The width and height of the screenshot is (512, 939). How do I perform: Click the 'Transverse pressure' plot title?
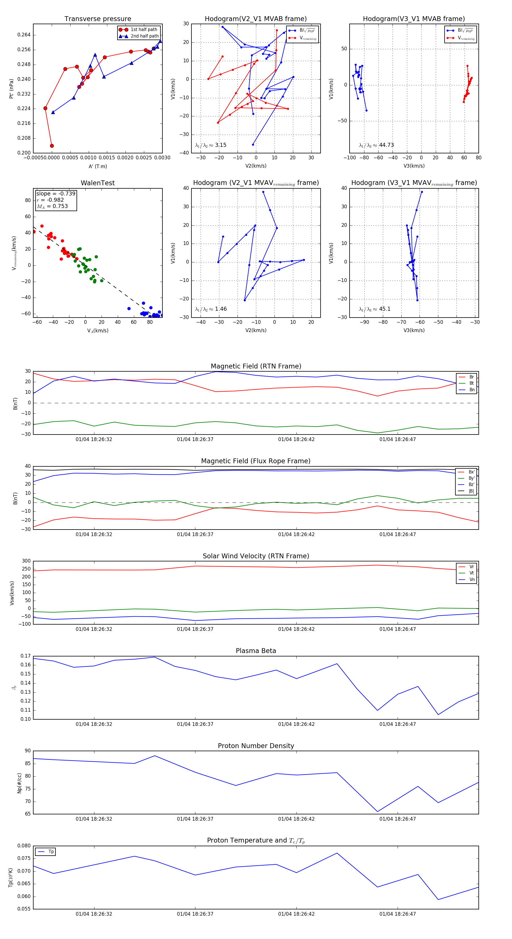(98, 19)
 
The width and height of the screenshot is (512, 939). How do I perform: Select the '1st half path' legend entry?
(144, 30)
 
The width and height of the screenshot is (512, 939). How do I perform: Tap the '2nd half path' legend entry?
(144, 36)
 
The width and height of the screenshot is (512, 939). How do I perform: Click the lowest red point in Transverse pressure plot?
(52, 146)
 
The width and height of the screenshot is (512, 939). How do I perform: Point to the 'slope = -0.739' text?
(56, 193)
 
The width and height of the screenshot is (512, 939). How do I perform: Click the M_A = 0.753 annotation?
(52, 206)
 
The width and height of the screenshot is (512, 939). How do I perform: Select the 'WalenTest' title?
(98, 183)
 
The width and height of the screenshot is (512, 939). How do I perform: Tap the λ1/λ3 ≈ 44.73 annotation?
(376, 145)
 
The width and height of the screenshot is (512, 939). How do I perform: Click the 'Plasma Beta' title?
(256, 651)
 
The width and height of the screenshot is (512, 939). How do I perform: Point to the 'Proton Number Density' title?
(256, 746)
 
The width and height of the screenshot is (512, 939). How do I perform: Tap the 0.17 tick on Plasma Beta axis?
(26, 656)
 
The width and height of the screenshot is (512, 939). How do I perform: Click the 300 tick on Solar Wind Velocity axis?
(26, 561)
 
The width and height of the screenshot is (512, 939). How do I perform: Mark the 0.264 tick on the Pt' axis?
(24, 35)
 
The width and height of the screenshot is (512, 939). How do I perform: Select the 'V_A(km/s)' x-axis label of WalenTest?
(98, 331)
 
